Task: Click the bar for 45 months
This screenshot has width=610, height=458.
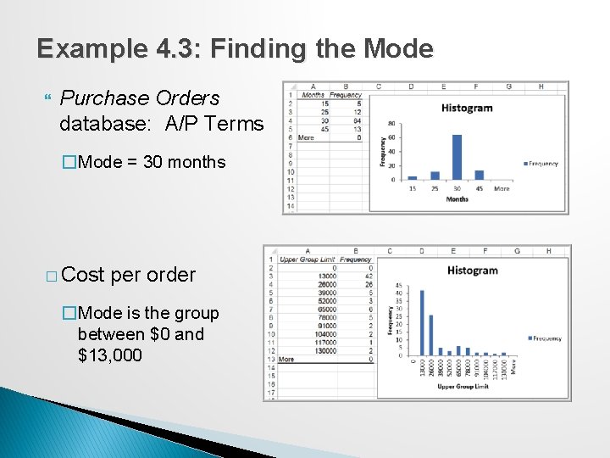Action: click(479, 175)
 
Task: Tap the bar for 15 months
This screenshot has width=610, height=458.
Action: click(413, 177)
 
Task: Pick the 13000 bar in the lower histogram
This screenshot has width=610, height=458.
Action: click(423, 322)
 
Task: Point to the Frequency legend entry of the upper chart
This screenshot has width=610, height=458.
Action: click(541, 164)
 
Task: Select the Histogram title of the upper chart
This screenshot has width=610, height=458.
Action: click(467, 108)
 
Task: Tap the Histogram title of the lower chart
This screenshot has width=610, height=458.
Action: click(472, 271)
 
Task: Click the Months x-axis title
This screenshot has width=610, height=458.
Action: click(457, 199)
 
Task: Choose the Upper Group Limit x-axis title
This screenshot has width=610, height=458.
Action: click(462, 387)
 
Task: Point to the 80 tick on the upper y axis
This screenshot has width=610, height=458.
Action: click(391, 124)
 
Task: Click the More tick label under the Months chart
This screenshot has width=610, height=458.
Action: click(502, 188)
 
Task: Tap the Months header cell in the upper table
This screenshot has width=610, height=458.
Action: click(313, 95)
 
